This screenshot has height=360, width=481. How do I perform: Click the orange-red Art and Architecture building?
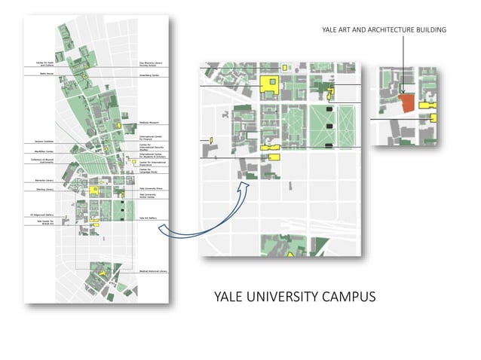tap(407, 103)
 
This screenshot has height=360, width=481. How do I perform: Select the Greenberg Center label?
tap(149, 75)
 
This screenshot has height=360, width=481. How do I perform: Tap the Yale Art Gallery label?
tap(148, 218)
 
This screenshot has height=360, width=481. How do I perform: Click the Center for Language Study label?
tap(150, 170)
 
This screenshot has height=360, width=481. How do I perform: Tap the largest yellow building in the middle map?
tap(268, 84)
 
